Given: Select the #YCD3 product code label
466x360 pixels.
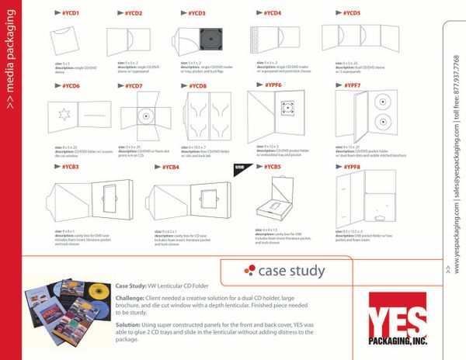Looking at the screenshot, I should point(196,13).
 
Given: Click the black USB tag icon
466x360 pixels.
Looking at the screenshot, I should point(240,167).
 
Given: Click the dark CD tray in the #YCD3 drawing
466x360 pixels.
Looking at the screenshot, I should point(207,39).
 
